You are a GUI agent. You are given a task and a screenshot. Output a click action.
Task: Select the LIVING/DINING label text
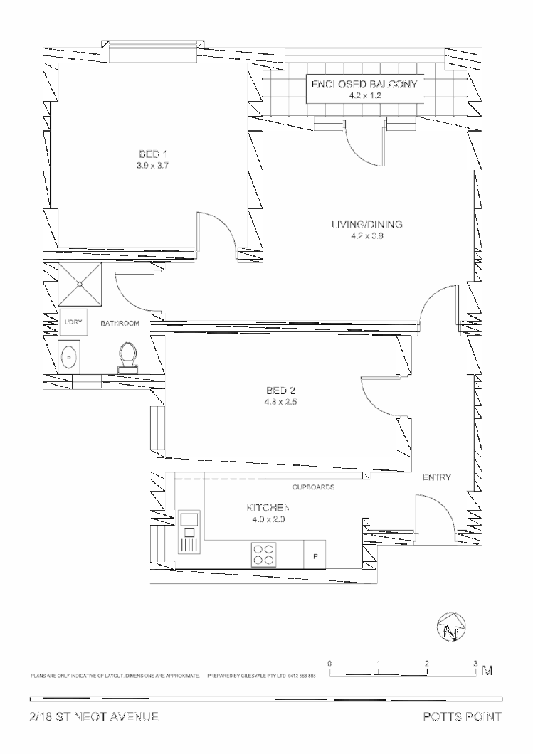tap(366, 224)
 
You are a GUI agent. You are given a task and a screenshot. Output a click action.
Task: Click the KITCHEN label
tap(268, 508)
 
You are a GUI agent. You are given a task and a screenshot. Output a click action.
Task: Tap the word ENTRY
tap(436, 477)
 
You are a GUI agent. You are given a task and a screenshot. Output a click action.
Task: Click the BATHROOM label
tap(120, 323)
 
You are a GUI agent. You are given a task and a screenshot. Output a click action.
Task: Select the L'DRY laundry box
tap(73, 322)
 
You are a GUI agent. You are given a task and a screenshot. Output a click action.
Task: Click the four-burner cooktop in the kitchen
tap(263, 554)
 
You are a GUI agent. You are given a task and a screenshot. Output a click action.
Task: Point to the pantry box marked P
tap(315, 555)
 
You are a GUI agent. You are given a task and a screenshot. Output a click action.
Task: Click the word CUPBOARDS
tap(314, 487)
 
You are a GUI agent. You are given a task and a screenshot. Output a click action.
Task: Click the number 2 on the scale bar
tap(426, 663)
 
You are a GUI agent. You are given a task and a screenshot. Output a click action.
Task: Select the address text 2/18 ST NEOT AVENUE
tap(94, 716)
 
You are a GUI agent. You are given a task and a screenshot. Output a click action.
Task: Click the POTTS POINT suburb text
tap(461, 716)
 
